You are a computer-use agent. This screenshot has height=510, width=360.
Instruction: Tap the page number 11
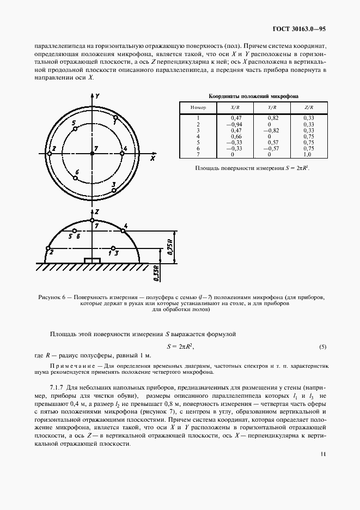(x=323, y=467)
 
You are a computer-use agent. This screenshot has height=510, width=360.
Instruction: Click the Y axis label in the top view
(x=96, y=95)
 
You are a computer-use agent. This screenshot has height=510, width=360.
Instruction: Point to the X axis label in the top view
(x=154, y=159)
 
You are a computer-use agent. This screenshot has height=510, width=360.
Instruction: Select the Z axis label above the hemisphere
(x=96, y=210)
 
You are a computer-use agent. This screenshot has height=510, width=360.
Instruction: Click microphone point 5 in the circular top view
(x=75, y=129)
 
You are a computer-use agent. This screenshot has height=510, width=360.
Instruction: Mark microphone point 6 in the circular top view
(x=77, y=178)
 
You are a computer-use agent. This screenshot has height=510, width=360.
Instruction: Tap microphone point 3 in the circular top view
(x=114, y=190)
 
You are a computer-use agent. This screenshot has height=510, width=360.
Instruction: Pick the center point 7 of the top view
(x=93, y=154)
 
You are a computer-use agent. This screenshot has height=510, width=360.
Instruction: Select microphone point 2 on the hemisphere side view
(x=47, y=248)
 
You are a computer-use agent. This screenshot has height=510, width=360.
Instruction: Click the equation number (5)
(x=322, y=347)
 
